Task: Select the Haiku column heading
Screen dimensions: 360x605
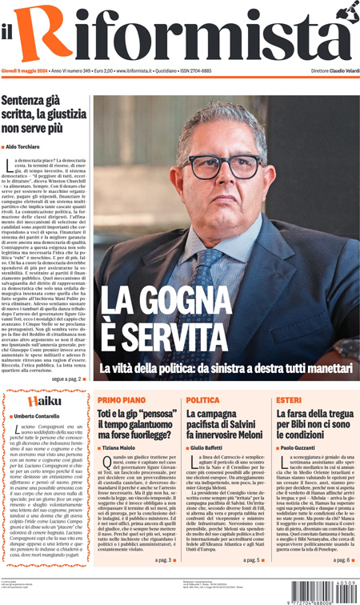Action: pyautogui.click(x=42, y=400)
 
